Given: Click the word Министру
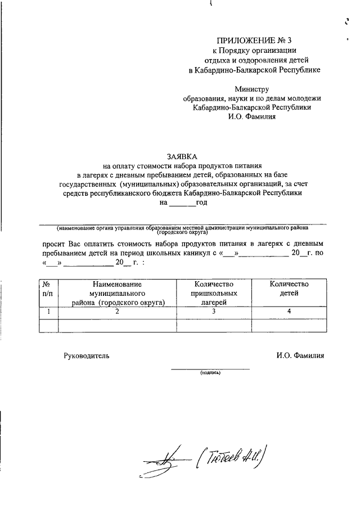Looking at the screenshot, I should pyautogui.click(x=251, y=89).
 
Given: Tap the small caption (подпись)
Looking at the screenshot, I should pyautogui.click(x=209, y=373).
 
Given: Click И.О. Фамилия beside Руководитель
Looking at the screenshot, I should pyautogui.click(x=300, y=355).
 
